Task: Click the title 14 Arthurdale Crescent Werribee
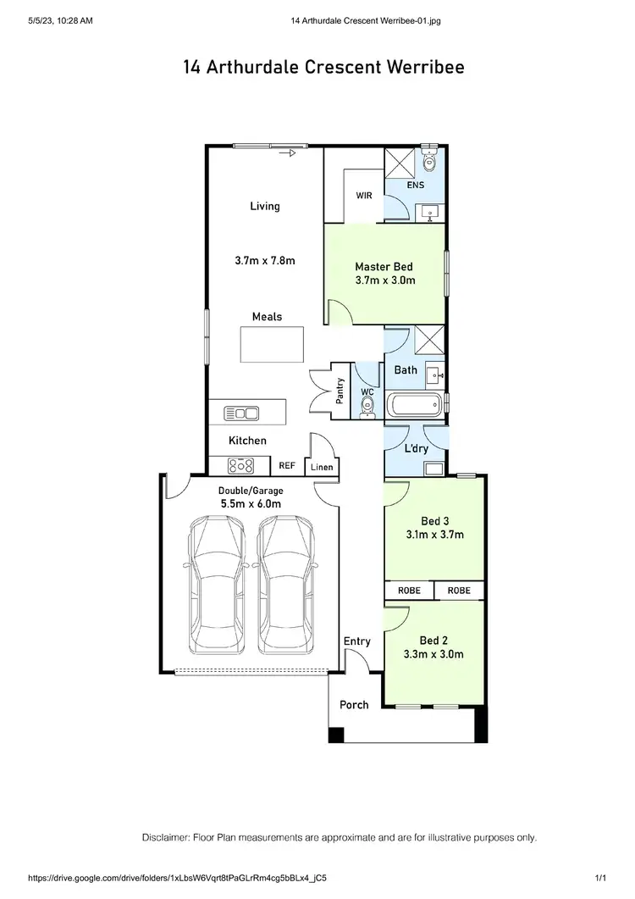point(323,68)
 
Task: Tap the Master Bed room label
point(384,267)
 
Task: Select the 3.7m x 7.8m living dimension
point(265,261)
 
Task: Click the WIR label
point(363,195)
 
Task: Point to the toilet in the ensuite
point(429,161)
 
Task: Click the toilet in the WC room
point(367,408)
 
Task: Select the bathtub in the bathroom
point(414,405)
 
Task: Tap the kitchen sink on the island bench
point(241,413)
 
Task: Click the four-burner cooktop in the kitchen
point(242,465)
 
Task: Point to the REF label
point(287,466)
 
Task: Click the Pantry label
point(340,391)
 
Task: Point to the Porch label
point(354,704)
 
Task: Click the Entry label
point(356,641)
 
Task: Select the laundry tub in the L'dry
point(435,468)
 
